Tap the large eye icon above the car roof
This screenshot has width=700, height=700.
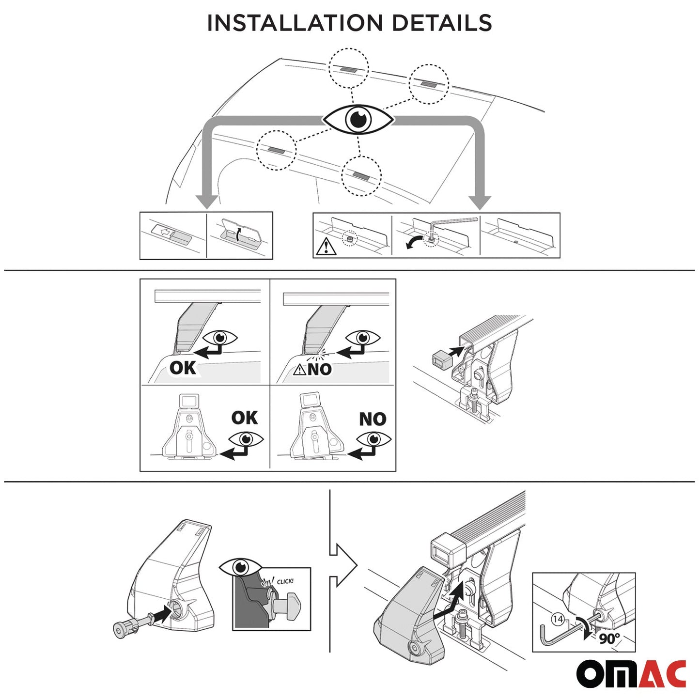tap(358, 119)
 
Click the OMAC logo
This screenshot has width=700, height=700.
tap(631, 673)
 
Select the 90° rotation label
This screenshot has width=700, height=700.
tap(609, 638)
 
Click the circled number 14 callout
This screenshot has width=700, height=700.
tap(558, 619)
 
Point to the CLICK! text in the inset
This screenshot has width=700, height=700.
tap(285, 581)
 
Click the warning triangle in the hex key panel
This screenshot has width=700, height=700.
tap(326, 247)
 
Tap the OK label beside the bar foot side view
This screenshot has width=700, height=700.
tap(183, 368)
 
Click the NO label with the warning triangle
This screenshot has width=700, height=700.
tap(313, 370)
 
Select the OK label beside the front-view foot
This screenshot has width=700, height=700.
tap(244, 418)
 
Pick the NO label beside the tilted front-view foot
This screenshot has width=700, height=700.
tap(373, 419)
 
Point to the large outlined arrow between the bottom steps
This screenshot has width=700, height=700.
tap(343, 565)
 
